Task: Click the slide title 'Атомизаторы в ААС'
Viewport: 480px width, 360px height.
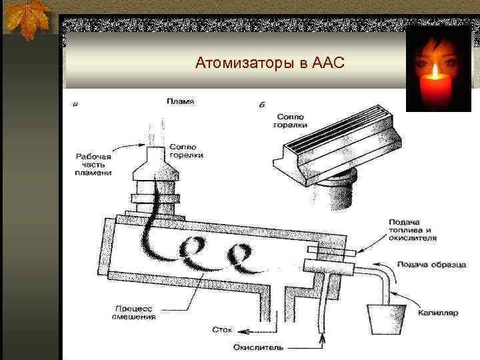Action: click(269, 64)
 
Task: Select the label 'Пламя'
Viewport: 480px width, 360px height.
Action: click(180, 101)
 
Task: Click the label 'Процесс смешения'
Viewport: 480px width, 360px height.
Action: click(134, 313)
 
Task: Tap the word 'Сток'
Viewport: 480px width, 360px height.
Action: click(222, 329)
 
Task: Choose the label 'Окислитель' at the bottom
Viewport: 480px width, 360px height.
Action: click(259, 347)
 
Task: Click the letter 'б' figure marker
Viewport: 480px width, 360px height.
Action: click(261, 105)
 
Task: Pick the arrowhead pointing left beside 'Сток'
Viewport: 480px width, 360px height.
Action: click(243, 329)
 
